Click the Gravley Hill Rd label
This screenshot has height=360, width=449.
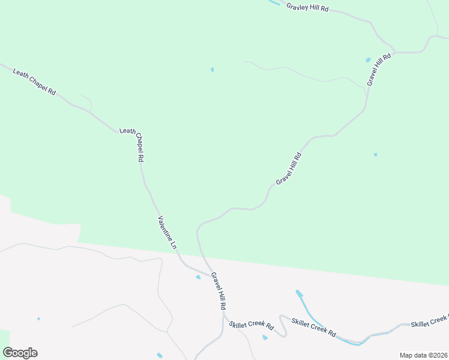(307, 8)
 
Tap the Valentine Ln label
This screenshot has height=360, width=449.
(167, 232)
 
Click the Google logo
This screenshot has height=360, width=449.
(20, 353)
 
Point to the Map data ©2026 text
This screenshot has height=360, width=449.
(423, 355)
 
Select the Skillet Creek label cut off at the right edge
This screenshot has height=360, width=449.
(429, 323)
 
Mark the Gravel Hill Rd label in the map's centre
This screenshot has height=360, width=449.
(289, 168)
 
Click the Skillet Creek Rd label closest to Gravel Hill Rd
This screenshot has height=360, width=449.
(252, 326)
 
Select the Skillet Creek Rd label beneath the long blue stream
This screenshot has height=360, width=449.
(313, 328)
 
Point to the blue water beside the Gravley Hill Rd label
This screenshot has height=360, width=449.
(274, 3)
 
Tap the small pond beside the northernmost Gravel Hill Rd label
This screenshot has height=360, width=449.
(368, 60)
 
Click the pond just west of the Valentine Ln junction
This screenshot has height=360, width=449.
(198, 277)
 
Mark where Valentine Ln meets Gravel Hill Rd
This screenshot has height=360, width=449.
(211, 275)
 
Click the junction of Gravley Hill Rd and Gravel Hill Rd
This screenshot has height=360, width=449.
(394, 51)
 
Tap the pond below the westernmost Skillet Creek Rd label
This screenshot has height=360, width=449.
(265, 338)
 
